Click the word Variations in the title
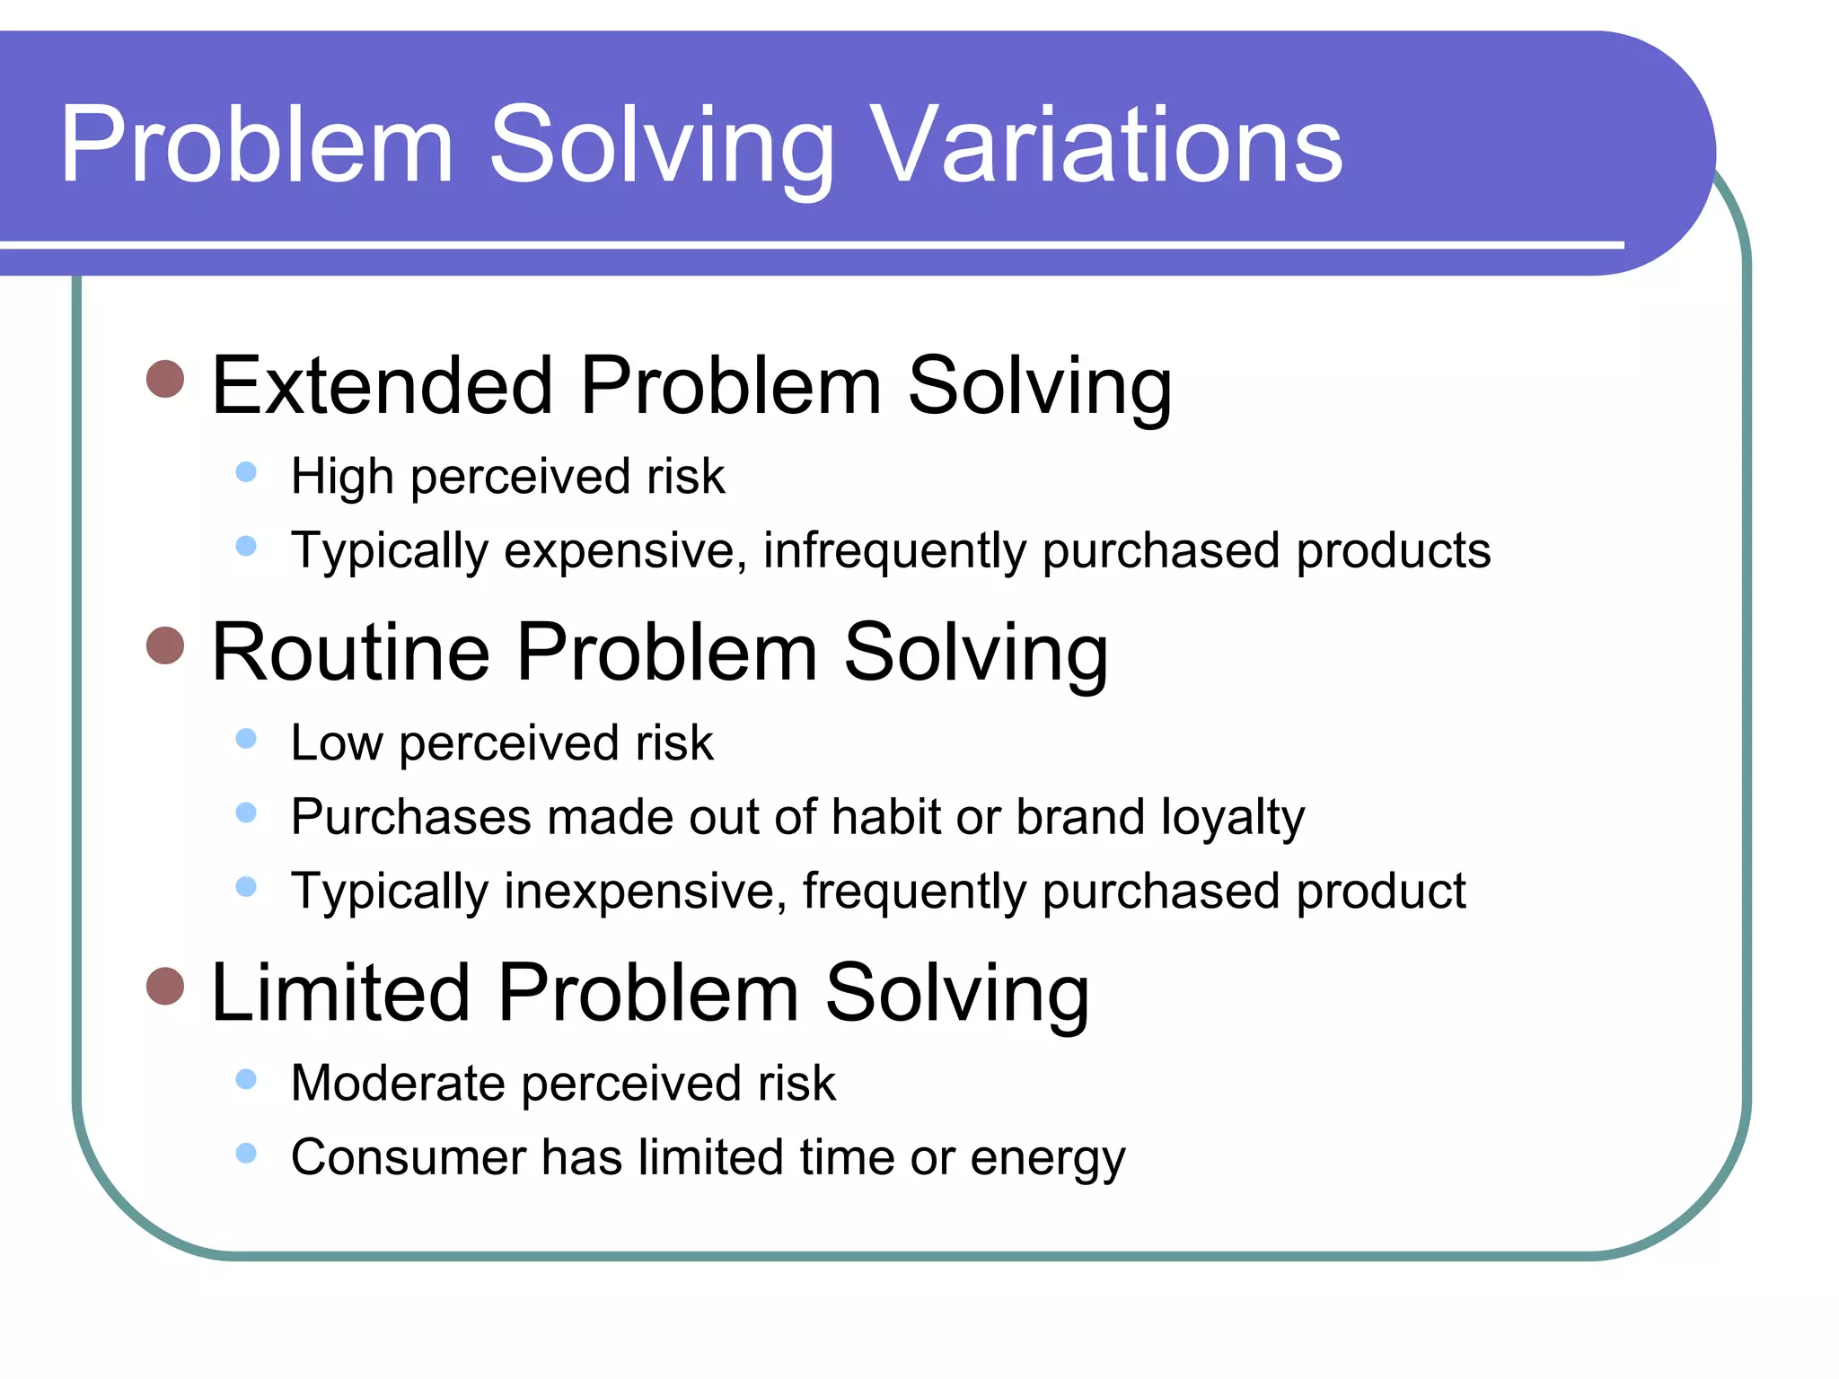[x=1106, y=145]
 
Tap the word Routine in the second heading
[x=350, y=653]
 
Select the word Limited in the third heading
[x=339, y=993]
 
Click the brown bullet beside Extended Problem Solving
[x=165, y=380]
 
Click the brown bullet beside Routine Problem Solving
[x=165, y=646]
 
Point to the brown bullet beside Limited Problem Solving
[x=165, y=986]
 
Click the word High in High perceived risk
[x=342, y=476]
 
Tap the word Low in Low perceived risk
[x=336, y=743]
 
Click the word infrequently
[x=893, y=551]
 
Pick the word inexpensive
[x=646, y=892]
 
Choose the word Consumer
[x=408, y=1157]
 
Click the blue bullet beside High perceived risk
[x=246, y=472]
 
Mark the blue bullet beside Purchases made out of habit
[x=246, y=812]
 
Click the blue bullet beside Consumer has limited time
[x=246, y=1153]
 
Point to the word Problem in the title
[x=257, y=145]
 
